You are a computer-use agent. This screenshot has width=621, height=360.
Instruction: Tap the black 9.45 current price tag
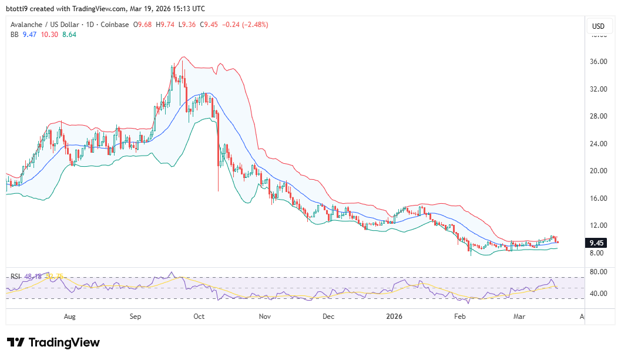tap(596, 243)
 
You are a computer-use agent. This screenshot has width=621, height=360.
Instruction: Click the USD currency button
tap(598, 26)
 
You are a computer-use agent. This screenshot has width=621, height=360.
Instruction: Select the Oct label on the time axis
tap(199, 317)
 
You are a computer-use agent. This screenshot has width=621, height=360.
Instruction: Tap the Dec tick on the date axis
tap(328, 317)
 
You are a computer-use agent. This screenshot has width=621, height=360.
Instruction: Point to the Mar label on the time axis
tap(519, 317)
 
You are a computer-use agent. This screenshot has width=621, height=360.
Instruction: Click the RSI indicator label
tap(15, 277)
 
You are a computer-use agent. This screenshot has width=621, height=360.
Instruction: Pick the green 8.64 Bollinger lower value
tap(69, 35)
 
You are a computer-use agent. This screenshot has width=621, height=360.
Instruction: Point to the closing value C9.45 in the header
tap(209, 25)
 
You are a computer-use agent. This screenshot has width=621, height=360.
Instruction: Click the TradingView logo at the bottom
tap(53, 342)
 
